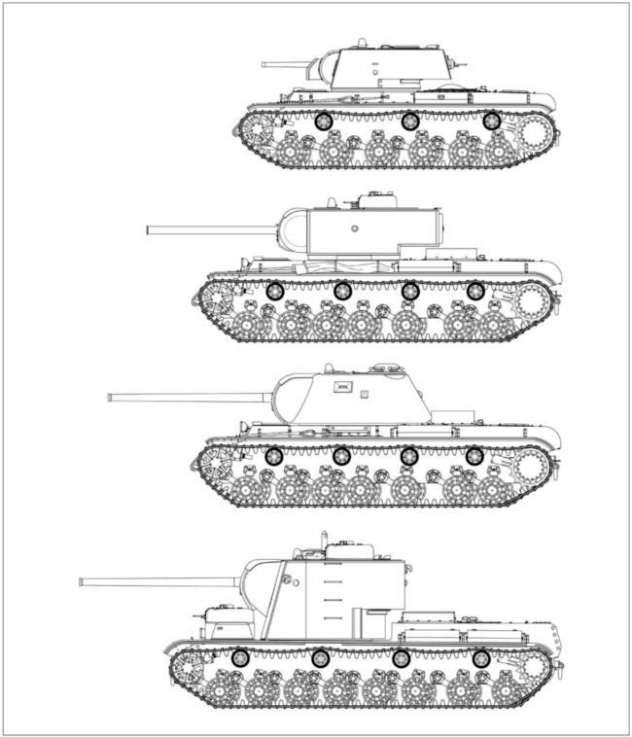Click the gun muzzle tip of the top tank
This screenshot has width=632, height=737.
(263, 64)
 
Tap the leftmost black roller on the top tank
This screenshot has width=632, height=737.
(324, 122)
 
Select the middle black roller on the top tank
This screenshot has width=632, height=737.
(409, 122)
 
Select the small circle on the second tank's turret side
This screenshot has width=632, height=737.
(354, 229)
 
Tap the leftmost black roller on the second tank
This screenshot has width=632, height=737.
(274, 290)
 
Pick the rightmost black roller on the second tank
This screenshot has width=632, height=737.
(474, 290)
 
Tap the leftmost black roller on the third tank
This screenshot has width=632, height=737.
(274, 455)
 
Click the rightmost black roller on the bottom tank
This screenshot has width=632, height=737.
(480, 658)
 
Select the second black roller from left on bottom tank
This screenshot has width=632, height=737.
(320, 658)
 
